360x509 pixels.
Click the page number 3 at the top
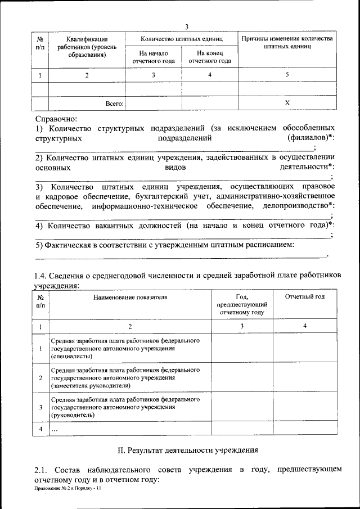click(187, 26)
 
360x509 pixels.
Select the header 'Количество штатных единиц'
click(181, 39)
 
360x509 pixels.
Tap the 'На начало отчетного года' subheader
click(153, 57)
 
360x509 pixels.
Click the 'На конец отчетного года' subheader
click(209, 57)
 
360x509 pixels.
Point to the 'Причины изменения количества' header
click(287, 39)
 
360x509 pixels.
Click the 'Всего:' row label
click(115, 103)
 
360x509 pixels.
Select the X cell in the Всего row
click(287, 103)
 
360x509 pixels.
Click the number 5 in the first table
click(287, 75)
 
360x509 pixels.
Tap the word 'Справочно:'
click(56, 119)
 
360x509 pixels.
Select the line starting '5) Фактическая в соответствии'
click(165, 245)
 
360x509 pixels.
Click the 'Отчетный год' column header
click(304, 296)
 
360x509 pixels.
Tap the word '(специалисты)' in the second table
click(71, 357)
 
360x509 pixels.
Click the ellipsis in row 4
click(55, 430)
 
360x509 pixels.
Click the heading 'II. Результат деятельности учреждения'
click(187, 450)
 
